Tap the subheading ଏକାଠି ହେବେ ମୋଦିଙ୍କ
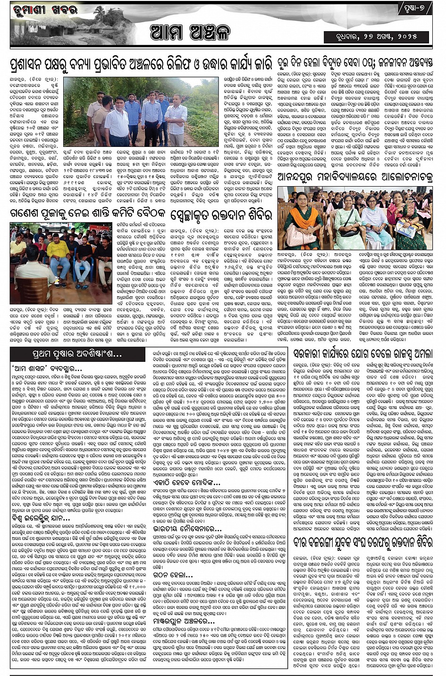(x=187, y=482)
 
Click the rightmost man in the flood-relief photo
(x=177, y=118)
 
